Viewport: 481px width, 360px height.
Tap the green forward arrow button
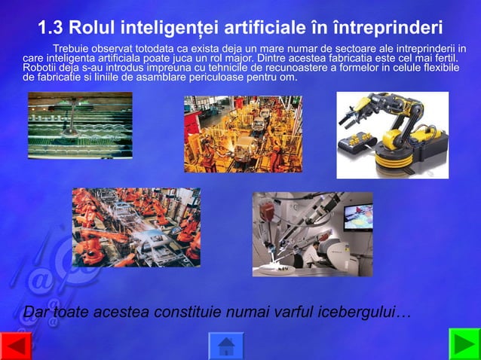[x=464, y=344]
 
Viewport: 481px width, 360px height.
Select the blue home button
[x=225, y=346]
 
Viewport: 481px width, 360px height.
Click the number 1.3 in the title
[x=51, y=29]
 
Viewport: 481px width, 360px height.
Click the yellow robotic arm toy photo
[x=392, y=135]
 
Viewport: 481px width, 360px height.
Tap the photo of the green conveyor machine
[x=80, y=125]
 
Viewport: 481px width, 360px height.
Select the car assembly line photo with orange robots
[x=136, y=227]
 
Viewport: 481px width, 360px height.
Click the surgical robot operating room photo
[x=312, y=234]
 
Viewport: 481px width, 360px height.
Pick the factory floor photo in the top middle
[x=243, y=133]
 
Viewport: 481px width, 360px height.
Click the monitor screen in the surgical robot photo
[x=357, y=216]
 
